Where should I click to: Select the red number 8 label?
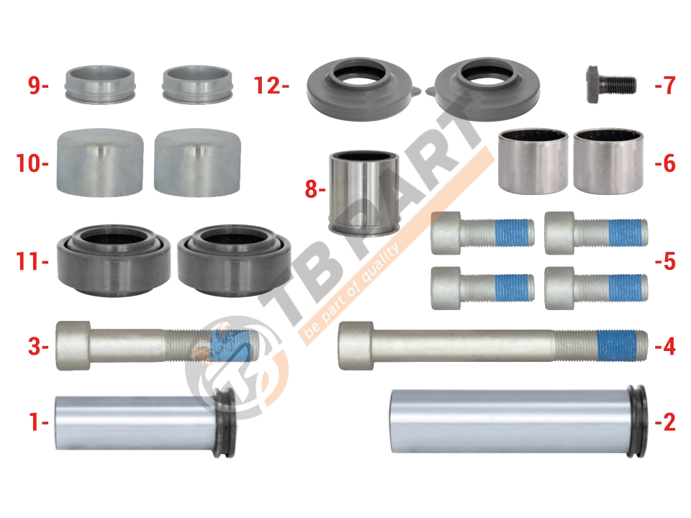[x=312, y=188]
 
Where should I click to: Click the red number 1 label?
[x=35, y=422]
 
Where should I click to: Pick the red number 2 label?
[x=669, y=422]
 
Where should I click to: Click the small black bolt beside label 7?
[x=611, y=85]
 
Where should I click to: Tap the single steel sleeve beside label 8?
[x=364, y=192]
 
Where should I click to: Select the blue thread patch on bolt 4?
[x=617, y=345]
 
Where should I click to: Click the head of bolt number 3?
[x=73, y=345]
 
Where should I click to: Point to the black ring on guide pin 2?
[x=637, y=421]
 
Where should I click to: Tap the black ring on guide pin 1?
[x=225, y=423]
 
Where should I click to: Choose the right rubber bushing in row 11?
[x=234, y=260]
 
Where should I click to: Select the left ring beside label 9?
[x=100, y=85]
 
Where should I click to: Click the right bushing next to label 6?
[x=608, y=161]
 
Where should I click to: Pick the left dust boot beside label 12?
[x=359, y=88]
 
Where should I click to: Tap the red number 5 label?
[x=669, y=261]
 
